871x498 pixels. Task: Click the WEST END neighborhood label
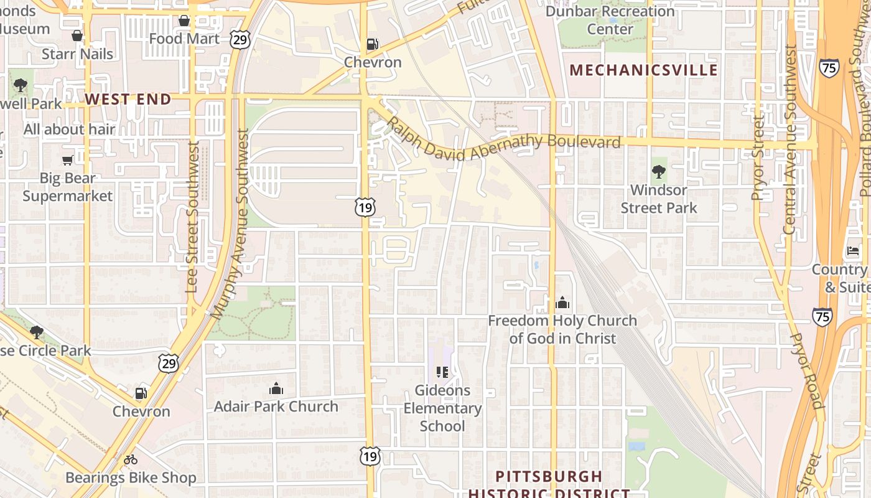128,99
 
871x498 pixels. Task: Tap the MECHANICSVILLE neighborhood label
644,70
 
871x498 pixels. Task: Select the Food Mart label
184,39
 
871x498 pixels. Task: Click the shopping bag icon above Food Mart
184,21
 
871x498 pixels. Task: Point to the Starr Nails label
77,54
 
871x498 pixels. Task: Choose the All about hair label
70,129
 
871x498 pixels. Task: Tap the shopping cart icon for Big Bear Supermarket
68,160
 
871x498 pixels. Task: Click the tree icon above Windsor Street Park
658,172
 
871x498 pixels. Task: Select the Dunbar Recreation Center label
610,20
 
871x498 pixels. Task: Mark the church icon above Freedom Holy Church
562,303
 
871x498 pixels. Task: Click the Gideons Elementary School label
442,408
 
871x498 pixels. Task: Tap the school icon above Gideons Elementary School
442,372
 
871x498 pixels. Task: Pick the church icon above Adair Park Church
276,389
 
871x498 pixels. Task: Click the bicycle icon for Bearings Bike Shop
131,460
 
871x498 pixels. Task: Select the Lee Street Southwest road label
193,217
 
